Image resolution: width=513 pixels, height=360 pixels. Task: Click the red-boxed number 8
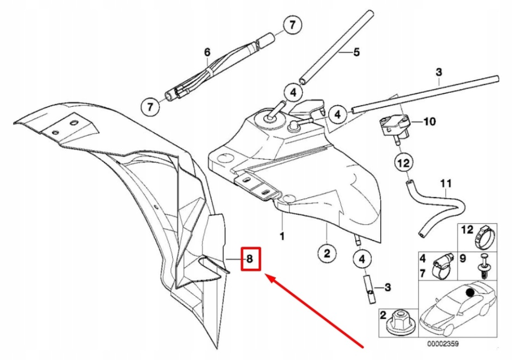coord(250,259)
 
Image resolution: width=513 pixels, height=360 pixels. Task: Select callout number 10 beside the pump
coord(430,121)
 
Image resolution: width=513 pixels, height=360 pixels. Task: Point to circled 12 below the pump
coord(403,162)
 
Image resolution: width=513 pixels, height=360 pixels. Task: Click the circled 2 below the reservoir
coord(326,254)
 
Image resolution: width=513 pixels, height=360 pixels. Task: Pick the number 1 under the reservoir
coord(282,235)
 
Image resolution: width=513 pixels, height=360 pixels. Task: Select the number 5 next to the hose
coord(357,52)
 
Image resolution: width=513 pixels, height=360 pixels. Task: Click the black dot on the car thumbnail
coord(469,292)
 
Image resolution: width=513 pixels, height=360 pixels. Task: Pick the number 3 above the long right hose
coord(439,72)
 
